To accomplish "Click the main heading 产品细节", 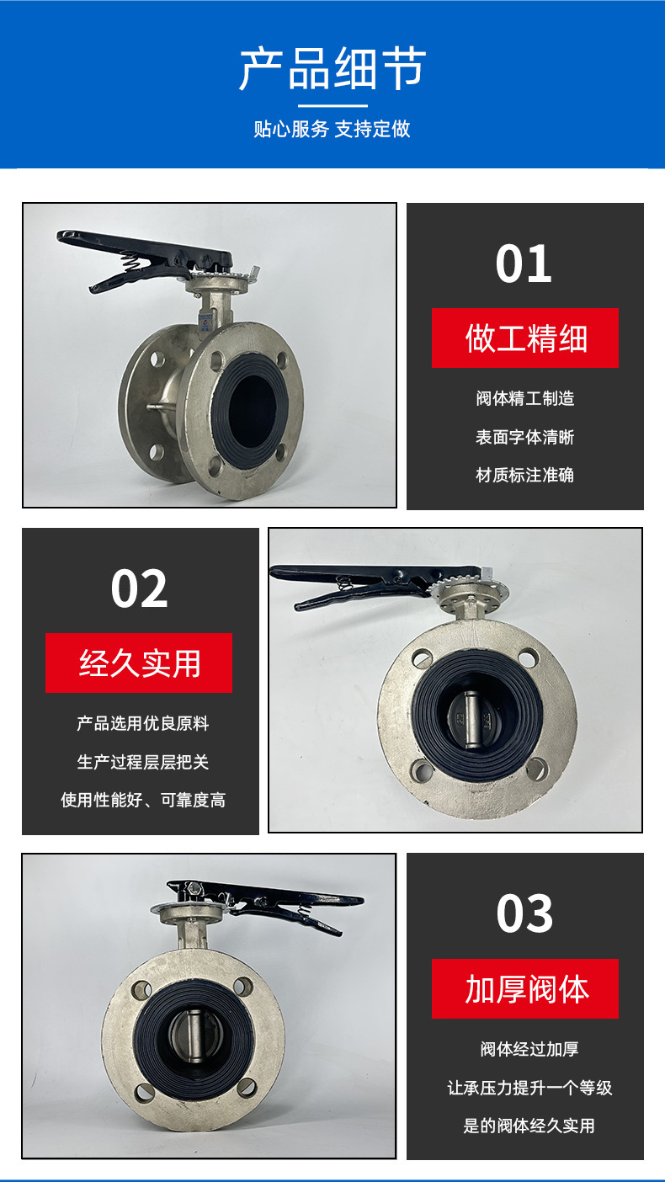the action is tap(332, 68).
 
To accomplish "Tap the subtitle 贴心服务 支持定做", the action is tap(332, 129).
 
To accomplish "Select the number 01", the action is tap(524, 264).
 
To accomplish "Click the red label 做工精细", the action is tap(525, 338).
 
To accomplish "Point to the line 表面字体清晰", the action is tap(524, 437).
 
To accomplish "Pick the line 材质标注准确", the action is tap(524, 475).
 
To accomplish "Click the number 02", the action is tap(140, 588).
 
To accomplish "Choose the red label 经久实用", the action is tap(139, 663).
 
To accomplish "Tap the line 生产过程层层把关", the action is tap(142, 762).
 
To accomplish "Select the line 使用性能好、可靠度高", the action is tap(142, 800).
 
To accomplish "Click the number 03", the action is tap(524, 913).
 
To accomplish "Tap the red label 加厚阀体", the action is tap(525, 989).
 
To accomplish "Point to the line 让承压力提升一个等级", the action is tap(529, 1088).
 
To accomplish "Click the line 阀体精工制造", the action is tap(524, 398).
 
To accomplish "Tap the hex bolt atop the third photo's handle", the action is tap(193, 887).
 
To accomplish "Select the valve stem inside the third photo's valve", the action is tap(194, 1036).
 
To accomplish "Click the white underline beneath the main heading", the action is tap(332, 106).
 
